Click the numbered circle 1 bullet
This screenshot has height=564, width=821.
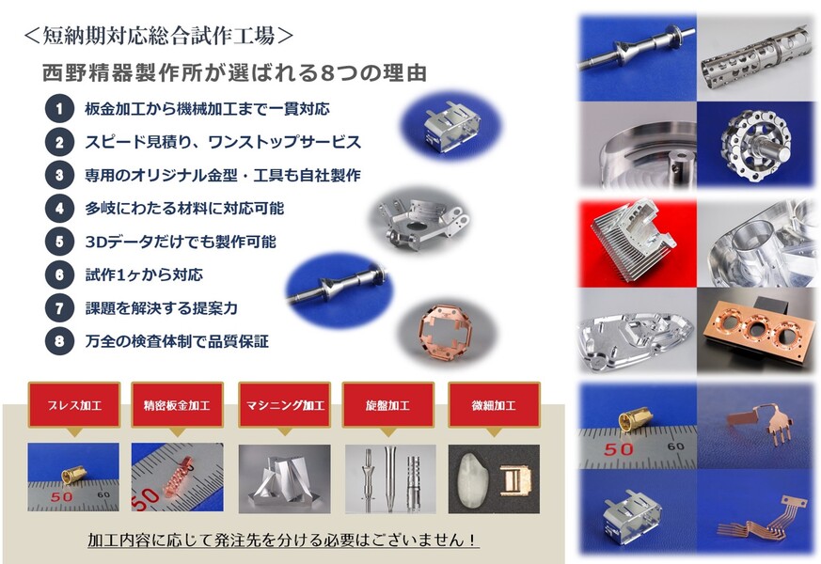(59, 108)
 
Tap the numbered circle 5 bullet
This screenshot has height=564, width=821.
(59, 242)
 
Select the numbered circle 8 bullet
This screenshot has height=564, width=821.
(59, 341)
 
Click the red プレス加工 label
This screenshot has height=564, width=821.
(74, 405)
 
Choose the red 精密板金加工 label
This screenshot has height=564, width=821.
(177, 405)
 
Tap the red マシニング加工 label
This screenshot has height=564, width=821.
(285, 405)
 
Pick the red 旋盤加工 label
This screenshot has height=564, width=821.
(388, 405)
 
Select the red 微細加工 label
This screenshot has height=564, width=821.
(495, 405)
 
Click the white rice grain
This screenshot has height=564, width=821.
(470, 479)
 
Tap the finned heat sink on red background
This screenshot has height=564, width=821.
(634, 240)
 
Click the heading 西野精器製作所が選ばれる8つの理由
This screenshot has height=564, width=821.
(234, 73)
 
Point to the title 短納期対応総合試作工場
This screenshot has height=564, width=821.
(158, 36)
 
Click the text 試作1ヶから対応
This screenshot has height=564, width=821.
(144, 274)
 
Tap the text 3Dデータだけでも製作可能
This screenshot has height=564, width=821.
(181, 242)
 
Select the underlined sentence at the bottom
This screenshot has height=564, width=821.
(283, 540)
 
